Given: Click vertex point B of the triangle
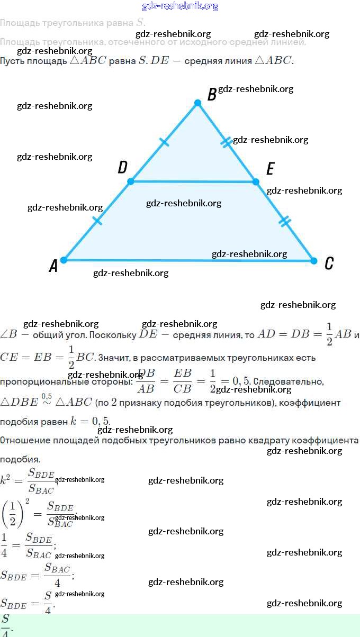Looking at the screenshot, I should (x=197, y=103).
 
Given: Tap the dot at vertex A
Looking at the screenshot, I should (x=64, y=260).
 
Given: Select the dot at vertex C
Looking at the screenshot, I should (x=313, y=261).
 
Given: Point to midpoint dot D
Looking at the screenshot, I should (x=131, y=181).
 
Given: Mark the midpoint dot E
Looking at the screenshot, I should (x=256, y=181).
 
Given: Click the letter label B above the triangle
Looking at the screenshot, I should (x=212, y=95).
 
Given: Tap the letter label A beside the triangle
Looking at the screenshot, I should (x=53, y=266).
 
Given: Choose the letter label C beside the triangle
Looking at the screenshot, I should (x=329, y=263).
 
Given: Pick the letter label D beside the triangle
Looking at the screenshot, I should (x=122, y=168).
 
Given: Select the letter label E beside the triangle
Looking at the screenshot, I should (x=270, y=169).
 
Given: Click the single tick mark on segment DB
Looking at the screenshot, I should (x=165, y=142).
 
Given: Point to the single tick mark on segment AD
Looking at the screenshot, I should (x=97, y=221).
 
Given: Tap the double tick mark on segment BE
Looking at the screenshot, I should (x=227, y=142).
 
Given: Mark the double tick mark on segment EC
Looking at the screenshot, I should (x=285, y=221).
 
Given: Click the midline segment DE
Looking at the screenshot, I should (x=193, y=181).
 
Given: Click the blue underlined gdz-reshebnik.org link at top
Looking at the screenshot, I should (x=180, y=6).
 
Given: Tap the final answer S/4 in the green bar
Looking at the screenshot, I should (x=6, y=625).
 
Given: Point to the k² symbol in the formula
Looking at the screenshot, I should (x=6, y=479).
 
